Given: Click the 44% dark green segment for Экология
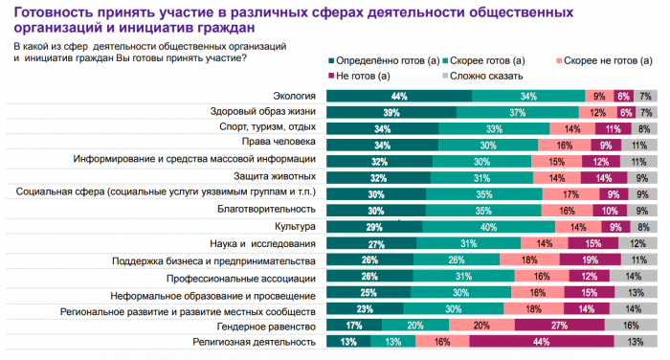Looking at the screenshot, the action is coord(399,96).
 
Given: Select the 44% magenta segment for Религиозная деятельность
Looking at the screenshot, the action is coord(542,341).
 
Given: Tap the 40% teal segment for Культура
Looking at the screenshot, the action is coord(488,227).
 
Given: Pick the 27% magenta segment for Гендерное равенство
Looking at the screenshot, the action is coord(559,325).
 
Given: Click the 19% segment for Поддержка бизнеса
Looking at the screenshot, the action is coord(591,259).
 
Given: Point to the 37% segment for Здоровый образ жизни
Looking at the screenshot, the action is coord(518,112).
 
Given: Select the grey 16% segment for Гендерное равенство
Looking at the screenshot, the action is coord(631,325).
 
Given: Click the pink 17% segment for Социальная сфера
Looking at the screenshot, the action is coord(570,194).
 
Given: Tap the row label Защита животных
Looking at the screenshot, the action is coord(275,176).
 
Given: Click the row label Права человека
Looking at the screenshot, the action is coord(279,142).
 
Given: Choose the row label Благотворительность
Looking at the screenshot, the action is coord(266,209).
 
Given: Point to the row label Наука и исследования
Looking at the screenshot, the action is coord(262,244).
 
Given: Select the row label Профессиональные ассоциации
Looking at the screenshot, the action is coord(241,279).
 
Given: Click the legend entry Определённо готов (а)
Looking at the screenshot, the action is coord(384,60).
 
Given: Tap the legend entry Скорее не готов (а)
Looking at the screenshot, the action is coord(604,60).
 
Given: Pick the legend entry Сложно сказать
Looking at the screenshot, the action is coord(482,76).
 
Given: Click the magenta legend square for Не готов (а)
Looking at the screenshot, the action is coord(331,76).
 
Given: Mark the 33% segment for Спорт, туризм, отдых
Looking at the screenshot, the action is coord(494,128).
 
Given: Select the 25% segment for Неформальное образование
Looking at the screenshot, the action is coord(368,292).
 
